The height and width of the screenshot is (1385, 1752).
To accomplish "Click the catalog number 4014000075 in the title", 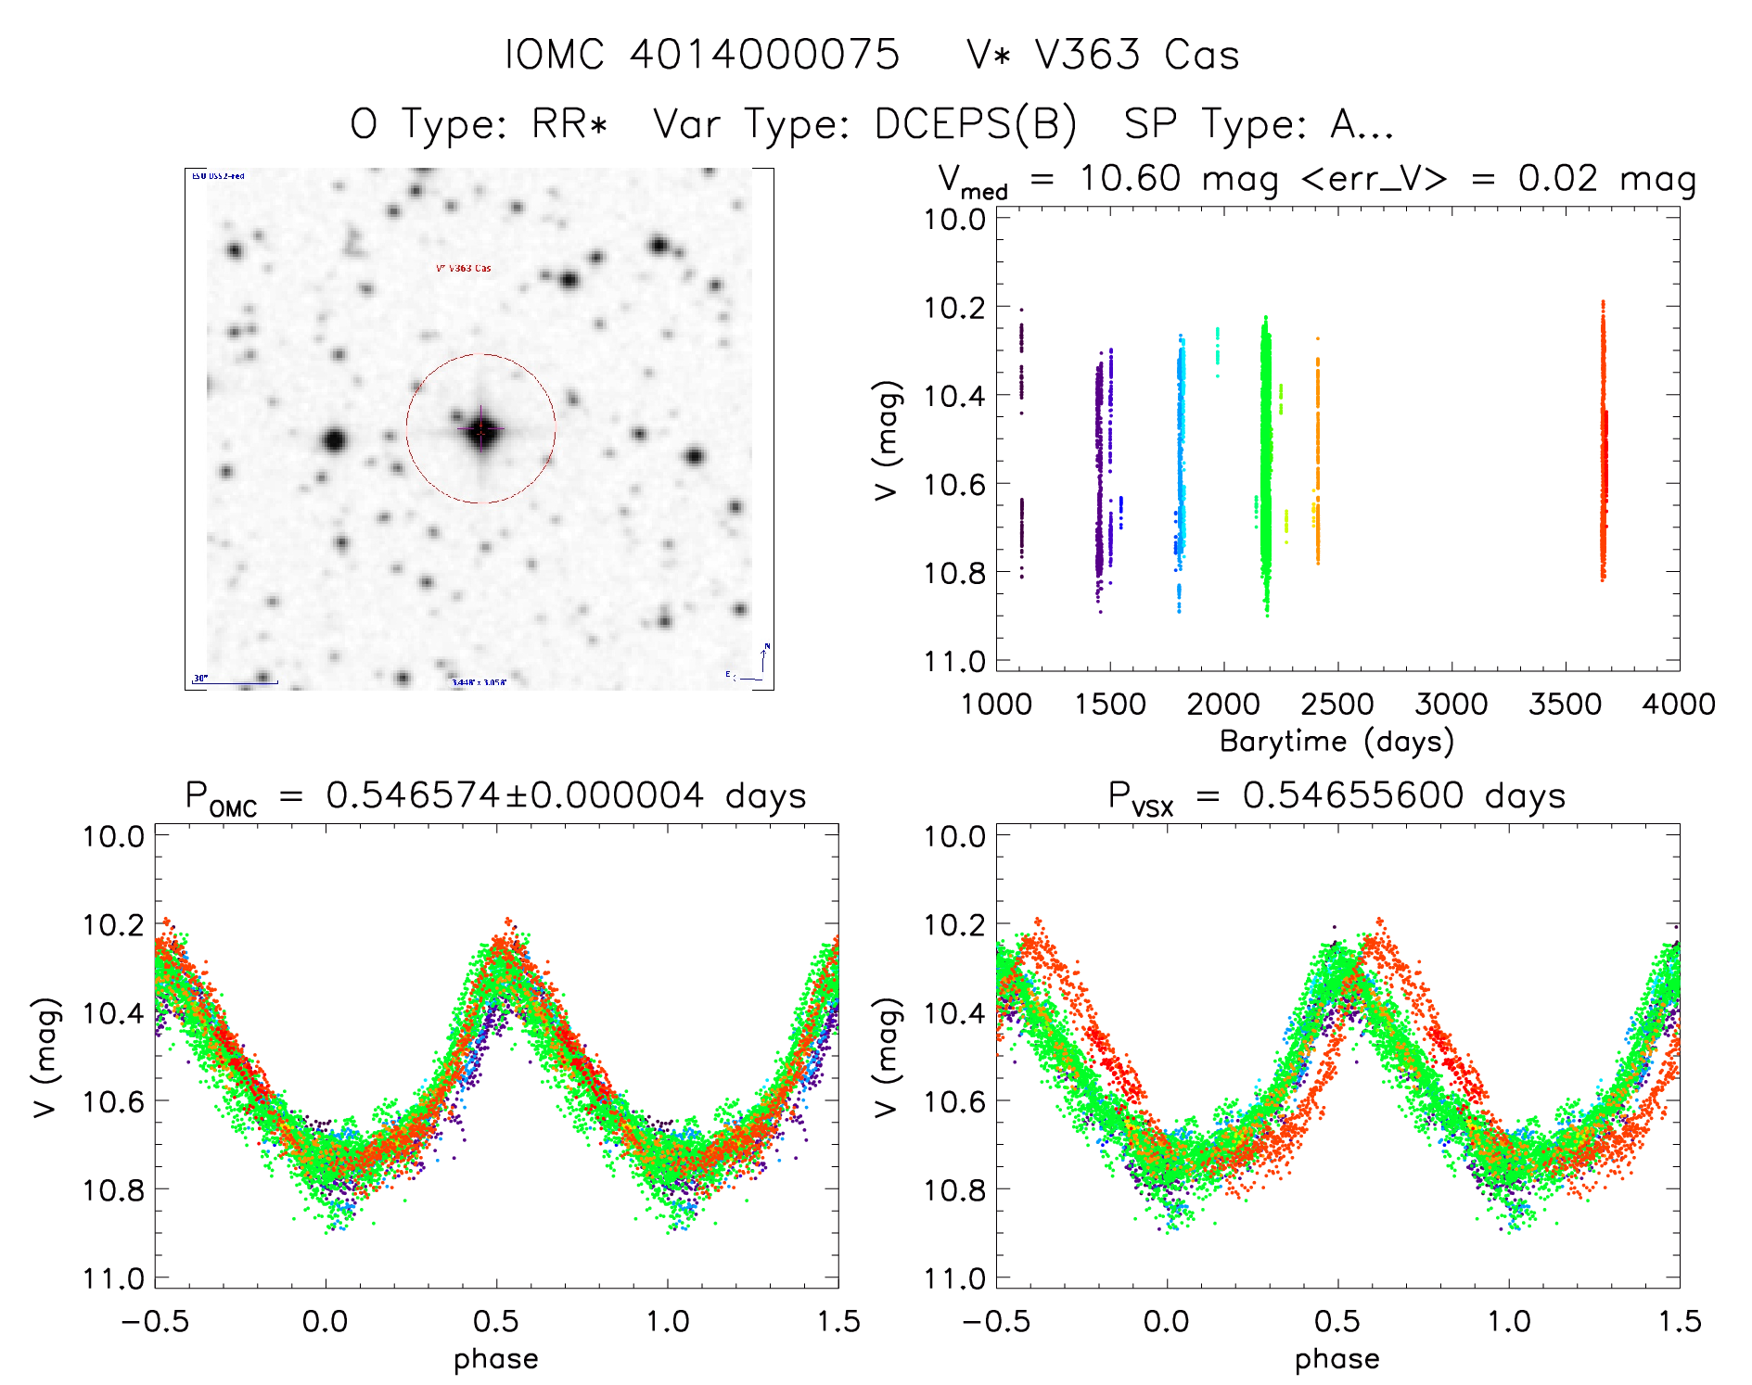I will (x=764, y=55).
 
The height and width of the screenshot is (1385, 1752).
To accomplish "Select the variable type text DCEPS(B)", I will (x=975, y=124).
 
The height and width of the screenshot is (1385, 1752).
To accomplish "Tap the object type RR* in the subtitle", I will (x=569, y=124).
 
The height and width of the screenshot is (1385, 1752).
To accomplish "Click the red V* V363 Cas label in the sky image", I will (x=464, y=269).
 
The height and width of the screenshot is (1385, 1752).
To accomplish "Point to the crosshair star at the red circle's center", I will (x=481, y=429).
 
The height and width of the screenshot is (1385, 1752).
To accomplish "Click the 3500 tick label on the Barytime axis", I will (x=1565, y=704).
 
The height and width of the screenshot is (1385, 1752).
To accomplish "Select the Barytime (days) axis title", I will (x=1336, y=742).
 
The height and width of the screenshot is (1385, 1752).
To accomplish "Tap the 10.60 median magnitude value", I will (x=1130, y=178).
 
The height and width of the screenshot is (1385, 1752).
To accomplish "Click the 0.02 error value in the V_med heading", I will (x=1558, y=178).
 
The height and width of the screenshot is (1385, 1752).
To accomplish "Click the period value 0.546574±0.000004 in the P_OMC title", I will (x=515, y=795).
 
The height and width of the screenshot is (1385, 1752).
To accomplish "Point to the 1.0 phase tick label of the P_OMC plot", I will (x=667, y=1321).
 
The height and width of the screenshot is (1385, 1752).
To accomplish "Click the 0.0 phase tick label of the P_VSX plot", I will (x=1166, y=1321).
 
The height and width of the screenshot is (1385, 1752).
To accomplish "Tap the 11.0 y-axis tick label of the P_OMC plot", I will (x=113, y=1278).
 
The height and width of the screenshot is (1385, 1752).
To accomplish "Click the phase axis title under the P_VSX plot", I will (x=1336, y=1359).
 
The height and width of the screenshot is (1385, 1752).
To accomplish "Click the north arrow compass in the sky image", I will (x=763, y=659).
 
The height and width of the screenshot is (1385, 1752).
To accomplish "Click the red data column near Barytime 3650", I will (x=1603, y=445).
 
